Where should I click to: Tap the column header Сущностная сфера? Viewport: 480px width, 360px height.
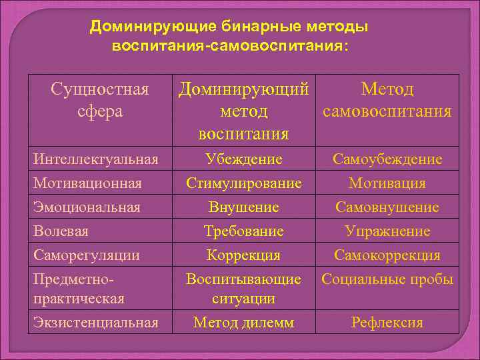pyautogui.click(x=100, y=100)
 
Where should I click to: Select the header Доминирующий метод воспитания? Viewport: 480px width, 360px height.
pyautogui.click(x=243, y=111)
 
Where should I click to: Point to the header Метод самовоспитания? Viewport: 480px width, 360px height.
pyautogui.click(x=387, y=100)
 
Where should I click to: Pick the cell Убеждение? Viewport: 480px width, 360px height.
pyautogui.click(x=243, y=159)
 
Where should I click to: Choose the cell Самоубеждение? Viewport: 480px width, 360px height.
pyautogui.click(x=387, y=159)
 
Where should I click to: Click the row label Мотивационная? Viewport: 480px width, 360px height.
pyautogui.click(x=88, y=183)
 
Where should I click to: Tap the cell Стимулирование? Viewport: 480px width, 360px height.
pyautogui.click(x=243, y=183)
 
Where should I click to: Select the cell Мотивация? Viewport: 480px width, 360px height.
pyautogui.click(x=387, y=183)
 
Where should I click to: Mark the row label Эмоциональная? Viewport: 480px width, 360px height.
pyautogui.click(x=87, y=207)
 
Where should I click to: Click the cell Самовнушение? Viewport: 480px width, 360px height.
pyautogui.click(x=387, y=207)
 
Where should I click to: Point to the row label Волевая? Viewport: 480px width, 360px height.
pyautogui.click(x=61, y=231)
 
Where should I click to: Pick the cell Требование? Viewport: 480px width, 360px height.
pyautogui.click(x=243, y=231)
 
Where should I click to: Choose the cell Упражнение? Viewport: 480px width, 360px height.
pyautogui.click(x=387, y=231)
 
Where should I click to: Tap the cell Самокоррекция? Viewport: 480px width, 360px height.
pyautogui.click(x=387, y=255)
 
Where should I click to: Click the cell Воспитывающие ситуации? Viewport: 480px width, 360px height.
pyautogui.click(x=243, y=288)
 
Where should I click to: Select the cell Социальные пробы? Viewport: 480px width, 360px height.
pyautogui.click(x=387, y=279)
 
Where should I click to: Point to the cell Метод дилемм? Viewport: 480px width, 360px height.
pyautogui.click(x=243, y=323)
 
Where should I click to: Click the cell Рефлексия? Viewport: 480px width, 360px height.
pyautogui.click(x=387, y=323)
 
